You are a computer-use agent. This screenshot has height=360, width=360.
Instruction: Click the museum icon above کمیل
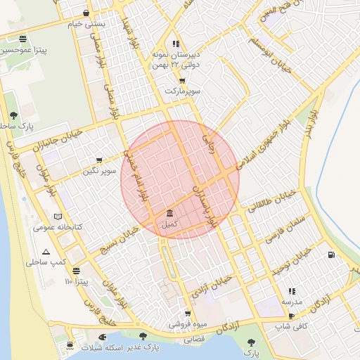[169, 214]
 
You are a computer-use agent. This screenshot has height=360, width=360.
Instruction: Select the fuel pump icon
[330, 255]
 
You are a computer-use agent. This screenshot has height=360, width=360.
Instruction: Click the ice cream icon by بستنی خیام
[86, 13]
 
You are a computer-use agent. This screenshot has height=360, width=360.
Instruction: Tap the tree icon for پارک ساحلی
[13, 115]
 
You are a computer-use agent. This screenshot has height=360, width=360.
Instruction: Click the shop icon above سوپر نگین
[98, 160]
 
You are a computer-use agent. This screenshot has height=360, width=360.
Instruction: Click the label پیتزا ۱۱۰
[78, 282]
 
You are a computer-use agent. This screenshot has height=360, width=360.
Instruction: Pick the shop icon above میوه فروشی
[187, 314]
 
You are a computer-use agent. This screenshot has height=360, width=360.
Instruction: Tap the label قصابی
[194, 338]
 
